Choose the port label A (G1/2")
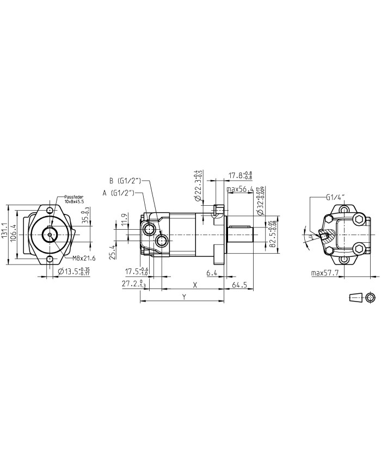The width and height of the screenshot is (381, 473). click(x=120, y=193)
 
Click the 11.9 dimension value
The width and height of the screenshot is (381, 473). click(x=124, y=219)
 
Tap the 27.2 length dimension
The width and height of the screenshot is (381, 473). click(x=133, y=284)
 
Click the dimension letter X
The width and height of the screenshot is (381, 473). click(x=194, y=284)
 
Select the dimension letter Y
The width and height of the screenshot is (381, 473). click(x=185, y=297)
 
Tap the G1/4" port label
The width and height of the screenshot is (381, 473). click(x=336, y=197)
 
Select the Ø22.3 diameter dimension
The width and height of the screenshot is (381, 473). click(x=198, y=187)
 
